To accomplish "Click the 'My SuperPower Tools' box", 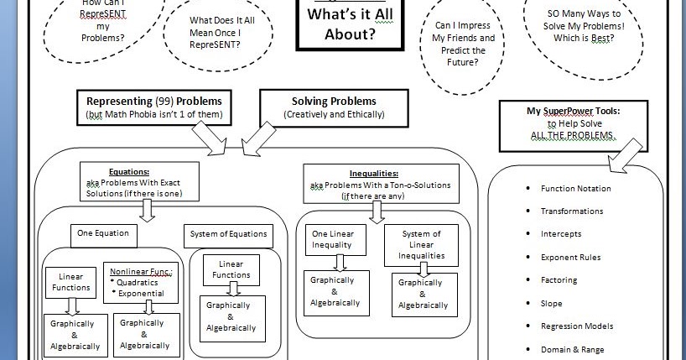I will point(574,123).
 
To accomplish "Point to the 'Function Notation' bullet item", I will point(575,189).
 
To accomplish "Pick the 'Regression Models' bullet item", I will point(577,326).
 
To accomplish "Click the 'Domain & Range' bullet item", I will point(572,349).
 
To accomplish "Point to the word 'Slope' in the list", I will point(552,304).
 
